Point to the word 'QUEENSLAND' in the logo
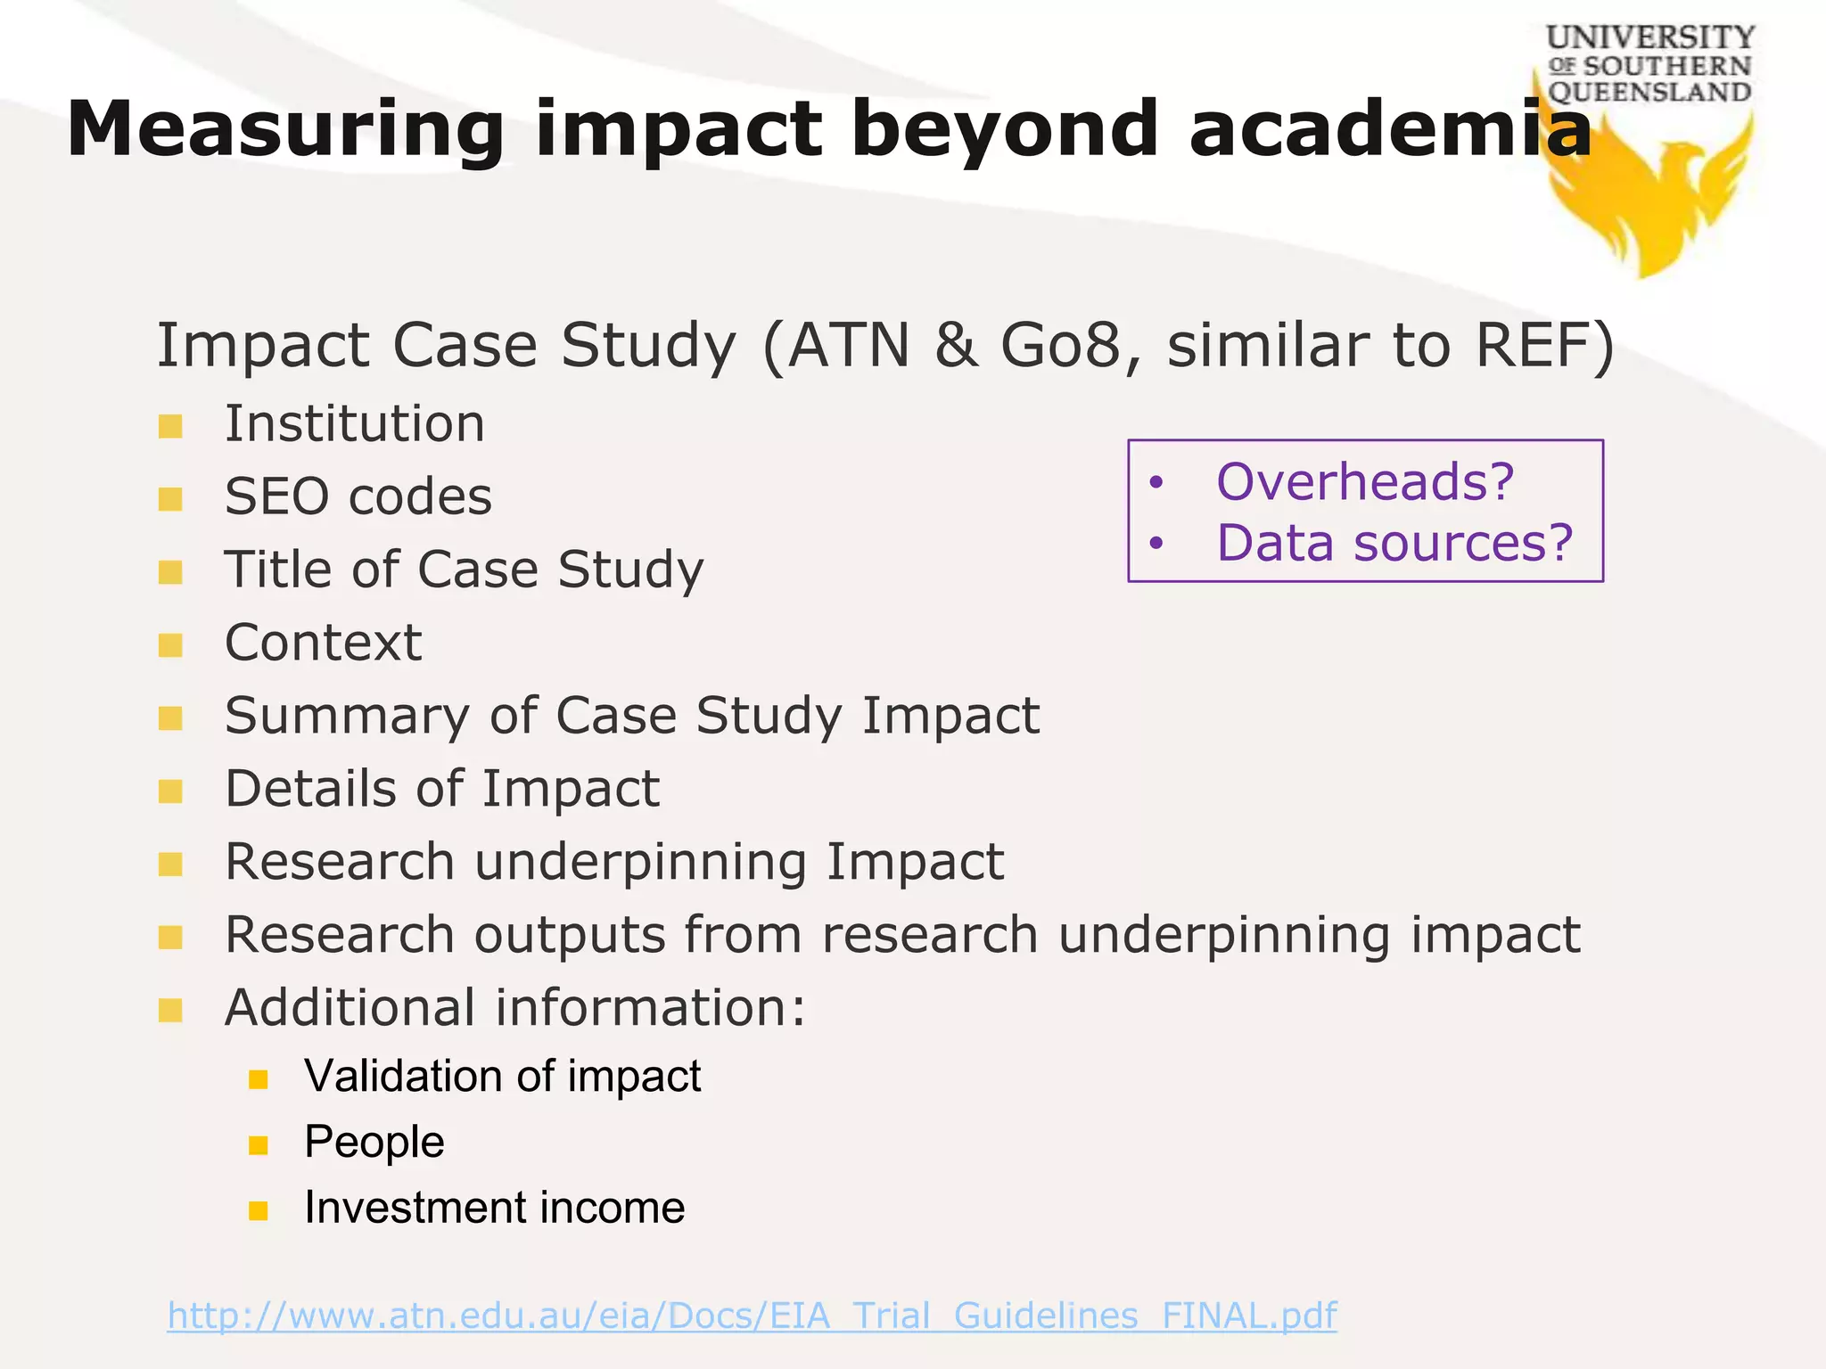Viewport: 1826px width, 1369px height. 1649,93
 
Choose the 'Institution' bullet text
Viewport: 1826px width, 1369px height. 355,423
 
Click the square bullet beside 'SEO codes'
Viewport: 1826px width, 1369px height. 170,499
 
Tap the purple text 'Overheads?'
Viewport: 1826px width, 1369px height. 1365,482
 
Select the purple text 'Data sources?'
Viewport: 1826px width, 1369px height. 1394,543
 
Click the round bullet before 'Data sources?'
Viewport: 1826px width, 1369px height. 1156,543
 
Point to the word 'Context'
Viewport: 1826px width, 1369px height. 323,643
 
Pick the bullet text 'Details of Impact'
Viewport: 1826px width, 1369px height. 442,789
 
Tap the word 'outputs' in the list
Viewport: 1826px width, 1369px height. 570,935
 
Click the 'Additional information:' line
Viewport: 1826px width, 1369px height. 514,1008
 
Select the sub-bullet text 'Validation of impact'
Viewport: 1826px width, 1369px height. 502,1076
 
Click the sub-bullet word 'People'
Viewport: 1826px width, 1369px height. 374,1143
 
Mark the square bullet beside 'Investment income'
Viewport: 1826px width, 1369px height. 259,1210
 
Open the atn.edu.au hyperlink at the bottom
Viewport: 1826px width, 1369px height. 752,1316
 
